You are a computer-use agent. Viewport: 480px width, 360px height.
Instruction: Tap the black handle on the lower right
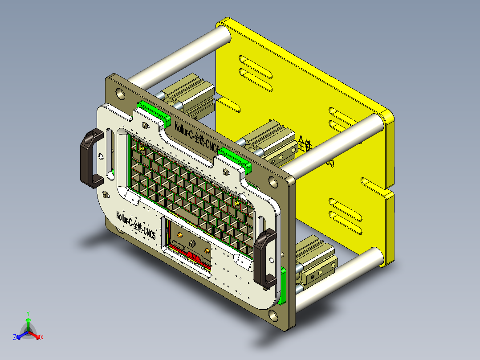click(x=265, y=257)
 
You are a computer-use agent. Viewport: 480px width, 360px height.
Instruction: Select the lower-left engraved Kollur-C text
click(x=136, y=225)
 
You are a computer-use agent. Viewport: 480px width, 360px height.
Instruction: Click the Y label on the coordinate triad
click(x=28, y=313)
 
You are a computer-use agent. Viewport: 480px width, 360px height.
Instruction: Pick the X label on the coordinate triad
click(x=42, y=338)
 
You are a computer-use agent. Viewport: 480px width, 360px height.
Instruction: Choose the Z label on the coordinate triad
click(x=15, y=338)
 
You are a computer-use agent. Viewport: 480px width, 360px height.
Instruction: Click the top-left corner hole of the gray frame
click(x=119, y=93)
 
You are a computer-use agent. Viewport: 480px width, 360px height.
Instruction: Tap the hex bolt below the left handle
click(x=106, y=195)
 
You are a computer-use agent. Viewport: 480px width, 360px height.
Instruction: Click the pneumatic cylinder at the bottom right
click(x=316, y=261)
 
